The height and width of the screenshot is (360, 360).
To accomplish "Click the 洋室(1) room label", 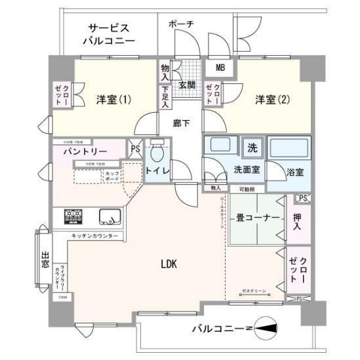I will (114, 100).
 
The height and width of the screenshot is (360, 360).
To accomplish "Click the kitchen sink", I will (108, 216).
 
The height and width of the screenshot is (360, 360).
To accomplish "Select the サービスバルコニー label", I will (109, 35).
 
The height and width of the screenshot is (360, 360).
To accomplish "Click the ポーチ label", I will (181, 24).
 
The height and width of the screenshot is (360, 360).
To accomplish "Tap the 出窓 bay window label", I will (45, 261).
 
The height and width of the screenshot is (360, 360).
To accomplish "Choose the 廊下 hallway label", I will (182, 123).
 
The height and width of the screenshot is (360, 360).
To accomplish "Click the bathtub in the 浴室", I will (289, 148).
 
